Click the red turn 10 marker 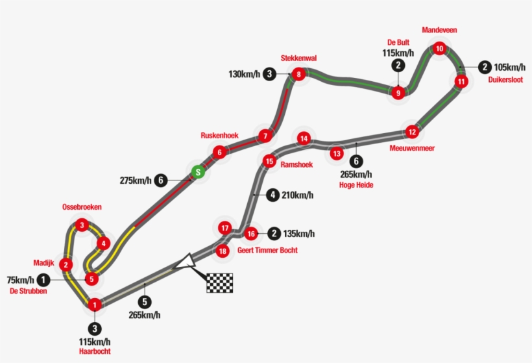tap(439, 49)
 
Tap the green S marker tap(198, 172)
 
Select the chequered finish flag tap(220, 283)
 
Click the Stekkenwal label tap(298, 58)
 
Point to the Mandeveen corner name tap(439, 30)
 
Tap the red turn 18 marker tap(223, 251)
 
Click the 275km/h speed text tap(136, 181)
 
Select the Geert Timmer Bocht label tap(267, 250)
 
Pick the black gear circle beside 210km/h tap(272, 195)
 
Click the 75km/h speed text tap(20, 280)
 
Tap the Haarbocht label tap(95, 351)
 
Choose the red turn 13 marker tap(337, 153)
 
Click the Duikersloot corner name tap(505, 80)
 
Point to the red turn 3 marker tap(82, 225)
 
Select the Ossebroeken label tap(82, 207)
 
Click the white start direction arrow tap(185, 262)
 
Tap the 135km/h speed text tap(299, 234)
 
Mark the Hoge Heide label tap(356, 185)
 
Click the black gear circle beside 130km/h tap(269, 73)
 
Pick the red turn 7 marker tap(265, 136)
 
